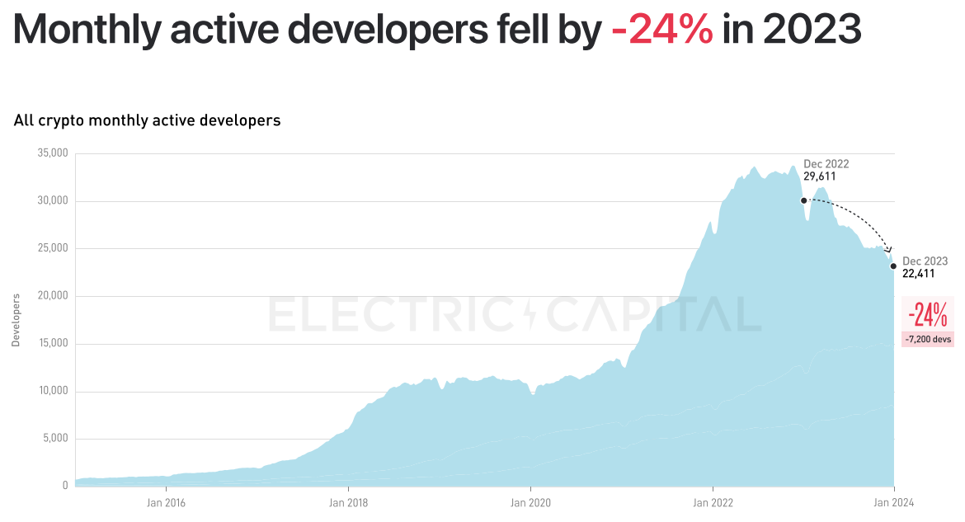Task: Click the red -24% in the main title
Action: (662, 30)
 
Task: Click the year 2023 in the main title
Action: (812, 30)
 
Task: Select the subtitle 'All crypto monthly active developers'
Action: (147, 120)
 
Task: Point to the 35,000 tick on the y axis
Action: (53, 153)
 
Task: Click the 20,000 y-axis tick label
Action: (53, 296)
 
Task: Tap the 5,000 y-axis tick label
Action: (55, 439)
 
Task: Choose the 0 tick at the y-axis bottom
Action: (64, 486)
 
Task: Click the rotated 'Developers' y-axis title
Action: (15, 319)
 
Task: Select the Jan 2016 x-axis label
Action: (166, 501)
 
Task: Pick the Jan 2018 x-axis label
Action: (348, 501)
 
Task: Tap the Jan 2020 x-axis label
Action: (530, 501)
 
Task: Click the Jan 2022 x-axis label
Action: (712, 501)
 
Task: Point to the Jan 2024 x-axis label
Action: (894, 501)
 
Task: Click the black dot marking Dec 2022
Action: (803, 200)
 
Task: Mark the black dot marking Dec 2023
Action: (893, 266)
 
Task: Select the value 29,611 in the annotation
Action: (820, 176)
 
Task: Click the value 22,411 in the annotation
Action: (919, 273)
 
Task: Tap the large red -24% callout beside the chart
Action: (927, 314)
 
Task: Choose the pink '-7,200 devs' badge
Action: (928, 339)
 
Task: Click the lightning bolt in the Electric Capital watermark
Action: (529, 314)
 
